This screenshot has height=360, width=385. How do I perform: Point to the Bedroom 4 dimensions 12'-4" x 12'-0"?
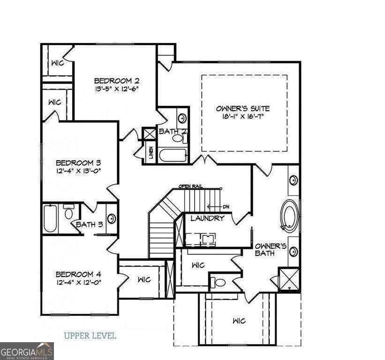[79, 282]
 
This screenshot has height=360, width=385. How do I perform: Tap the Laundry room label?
[207, 218]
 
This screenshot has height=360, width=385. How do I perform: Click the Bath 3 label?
[89, 225]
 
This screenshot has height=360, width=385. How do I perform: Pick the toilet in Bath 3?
[68, 214]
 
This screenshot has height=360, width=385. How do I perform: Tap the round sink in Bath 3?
[111, 217]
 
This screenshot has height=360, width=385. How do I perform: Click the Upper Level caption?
[90, 336]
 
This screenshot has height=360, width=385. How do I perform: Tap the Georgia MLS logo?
[27, 351]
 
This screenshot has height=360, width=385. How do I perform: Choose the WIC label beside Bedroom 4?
[144, 280]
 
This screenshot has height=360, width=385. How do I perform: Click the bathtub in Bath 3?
[51, 218]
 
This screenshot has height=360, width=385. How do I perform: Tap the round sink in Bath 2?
[182, 117]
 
